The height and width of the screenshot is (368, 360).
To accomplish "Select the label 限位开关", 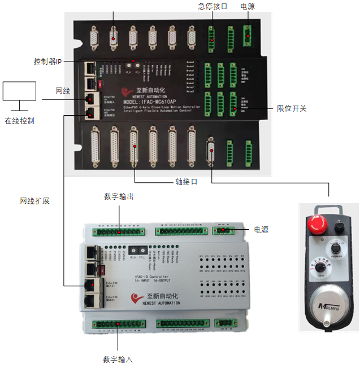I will (292, 108).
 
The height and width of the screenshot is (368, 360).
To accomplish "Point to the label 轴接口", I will (186, 182).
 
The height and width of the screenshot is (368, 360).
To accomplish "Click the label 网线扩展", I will (34, 200).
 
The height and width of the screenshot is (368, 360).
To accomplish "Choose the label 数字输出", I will (119, 196).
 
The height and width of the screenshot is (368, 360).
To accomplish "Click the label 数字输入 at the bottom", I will (118, 360).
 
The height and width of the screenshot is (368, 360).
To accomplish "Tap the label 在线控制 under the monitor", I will (20, 120).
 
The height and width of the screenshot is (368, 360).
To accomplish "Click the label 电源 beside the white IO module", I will (261, 230).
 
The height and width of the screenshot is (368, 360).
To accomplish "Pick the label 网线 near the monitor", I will (63, 91).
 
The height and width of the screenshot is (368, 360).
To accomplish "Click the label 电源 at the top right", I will (248, 6).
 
